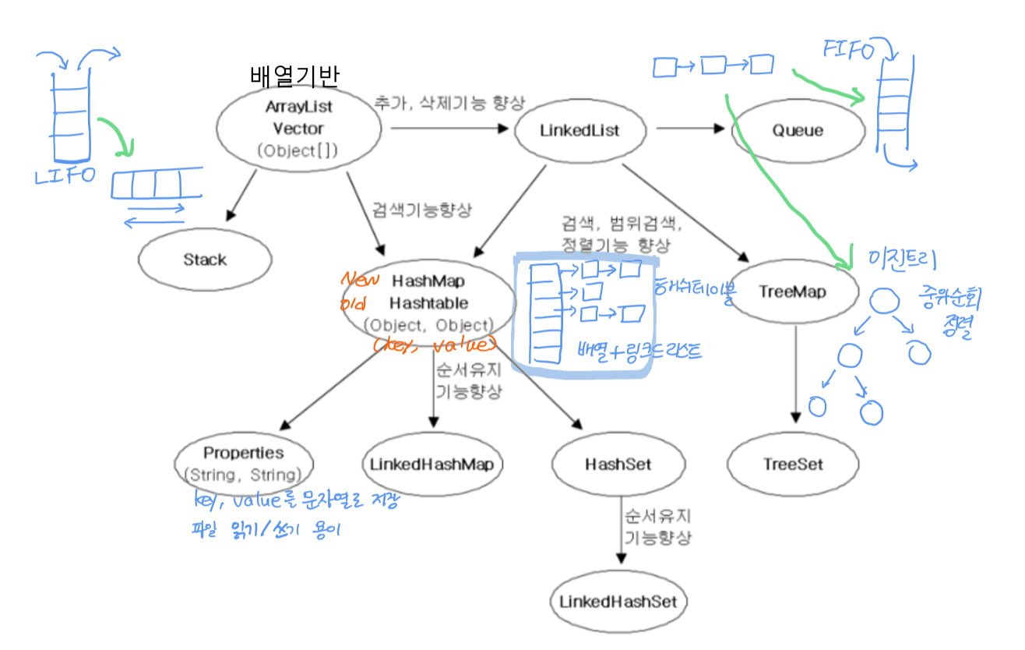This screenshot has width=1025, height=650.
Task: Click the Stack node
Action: tap(205, 260)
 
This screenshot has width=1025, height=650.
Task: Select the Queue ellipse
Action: tap(798, 130)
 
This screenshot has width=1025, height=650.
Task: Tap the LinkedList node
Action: tap(580, 130)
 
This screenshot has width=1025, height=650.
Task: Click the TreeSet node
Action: tap(793, 465)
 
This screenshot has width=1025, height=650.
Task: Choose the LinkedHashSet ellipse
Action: tap(619, 602)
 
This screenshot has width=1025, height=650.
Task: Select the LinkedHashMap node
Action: tap(431, 465)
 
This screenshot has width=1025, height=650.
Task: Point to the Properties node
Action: tap(244, 463)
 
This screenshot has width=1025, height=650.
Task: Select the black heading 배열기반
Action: tap(294, 76)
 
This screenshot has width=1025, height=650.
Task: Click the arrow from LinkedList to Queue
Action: tap(690, 129)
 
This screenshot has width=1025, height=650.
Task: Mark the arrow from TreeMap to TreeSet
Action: tap(795, 374)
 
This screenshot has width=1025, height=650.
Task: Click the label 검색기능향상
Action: tap(422, 210)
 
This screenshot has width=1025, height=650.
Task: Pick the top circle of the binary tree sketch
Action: tap(882, 300)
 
